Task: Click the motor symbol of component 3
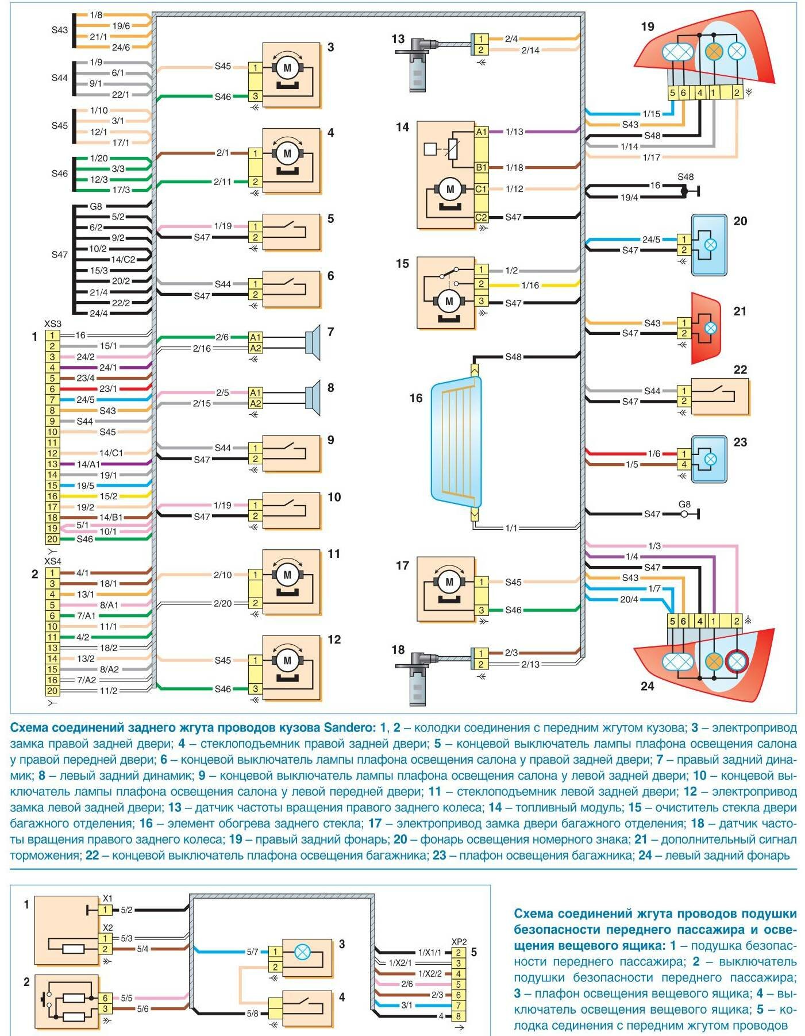point(287,68)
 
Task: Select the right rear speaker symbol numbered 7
point(313,342)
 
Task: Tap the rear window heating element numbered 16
point(456,442)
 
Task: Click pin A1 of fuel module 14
point(481,132)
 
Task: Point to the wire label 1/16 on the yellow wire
point(530,285)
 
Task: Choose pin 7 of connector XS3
point(52,399)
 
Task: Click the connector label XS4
point(52,561)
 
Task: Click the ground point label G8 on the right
point(684,504)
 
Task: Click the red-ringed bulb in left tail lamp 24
point(736,662)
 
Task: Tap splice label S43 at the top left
point(60,30)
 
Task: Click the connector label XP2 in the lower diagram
point(459,942)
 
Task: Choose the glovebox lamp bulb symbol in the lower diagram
point(302,952)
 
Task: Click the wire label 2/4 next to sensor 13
point(511,39)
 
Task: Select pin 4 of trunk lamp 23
point(684,464)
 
